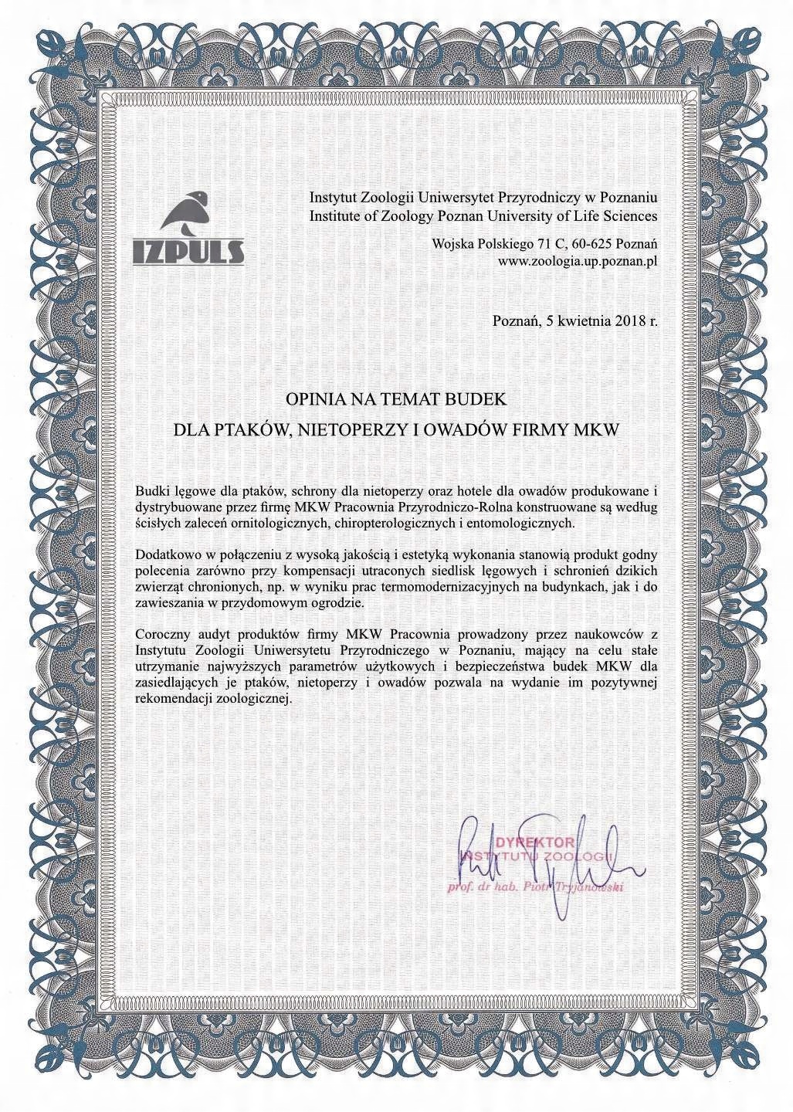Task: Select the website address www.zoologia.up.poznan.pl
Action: click(578, 261)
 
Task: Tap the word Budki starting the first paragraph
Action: click(151, 491)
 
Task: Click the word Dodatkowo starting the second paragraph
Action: click(164, 554)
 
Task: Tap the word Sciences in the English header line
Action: click(631, 215)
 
